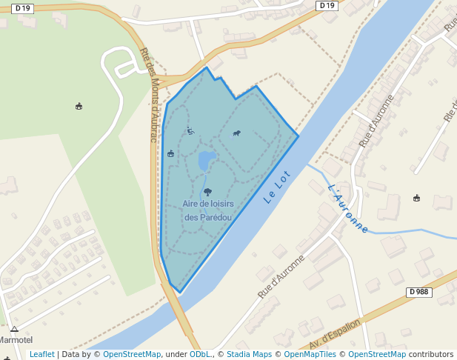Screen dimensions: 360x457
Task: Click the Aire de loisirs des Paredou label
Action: pos(207,210)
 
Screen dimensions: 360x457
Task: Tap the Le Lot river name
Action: pos(278,187)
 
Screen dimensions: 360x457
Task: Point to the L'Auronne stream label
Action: pos(347,208)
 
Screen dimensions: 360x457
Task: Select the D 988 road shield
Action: pos(418,292)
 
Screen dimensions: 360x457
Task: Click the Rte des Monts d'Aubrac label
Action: pos(150,88)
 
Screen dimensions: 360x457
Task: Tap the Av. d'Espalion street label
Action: pos(335,336)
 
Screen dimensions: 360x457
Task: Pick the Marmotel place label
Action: pos(16,339)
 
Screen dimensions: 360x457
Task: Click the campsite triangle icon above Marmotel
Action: pos(14,329)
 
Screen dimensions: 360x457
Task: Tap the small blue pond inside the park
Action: pos(206,161)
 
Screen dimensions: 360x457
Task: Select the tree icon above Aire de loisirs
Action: pos(207,192)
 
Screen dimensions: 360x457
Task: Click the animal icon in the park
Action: pos(237,134)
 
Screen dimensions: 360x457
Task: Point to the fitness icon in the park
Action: pos(190,131)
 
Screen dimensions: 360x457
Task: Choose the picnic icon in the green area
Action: pos(79,107)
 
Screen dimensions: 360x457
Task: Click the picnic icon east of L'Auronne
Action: pos(416,198)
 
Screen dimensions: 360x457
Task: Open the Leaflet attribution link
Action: pos(41,354)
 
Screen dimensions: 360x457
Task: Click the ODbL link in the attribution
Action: pos(199,354)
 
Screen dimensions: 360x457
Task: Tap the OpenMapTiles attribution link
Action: pos(307,354)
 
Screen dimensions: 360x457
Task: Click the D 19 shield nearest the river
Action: pos(327,6)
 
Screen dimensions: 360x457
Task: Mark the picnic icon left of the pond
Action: pos(171,153)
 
